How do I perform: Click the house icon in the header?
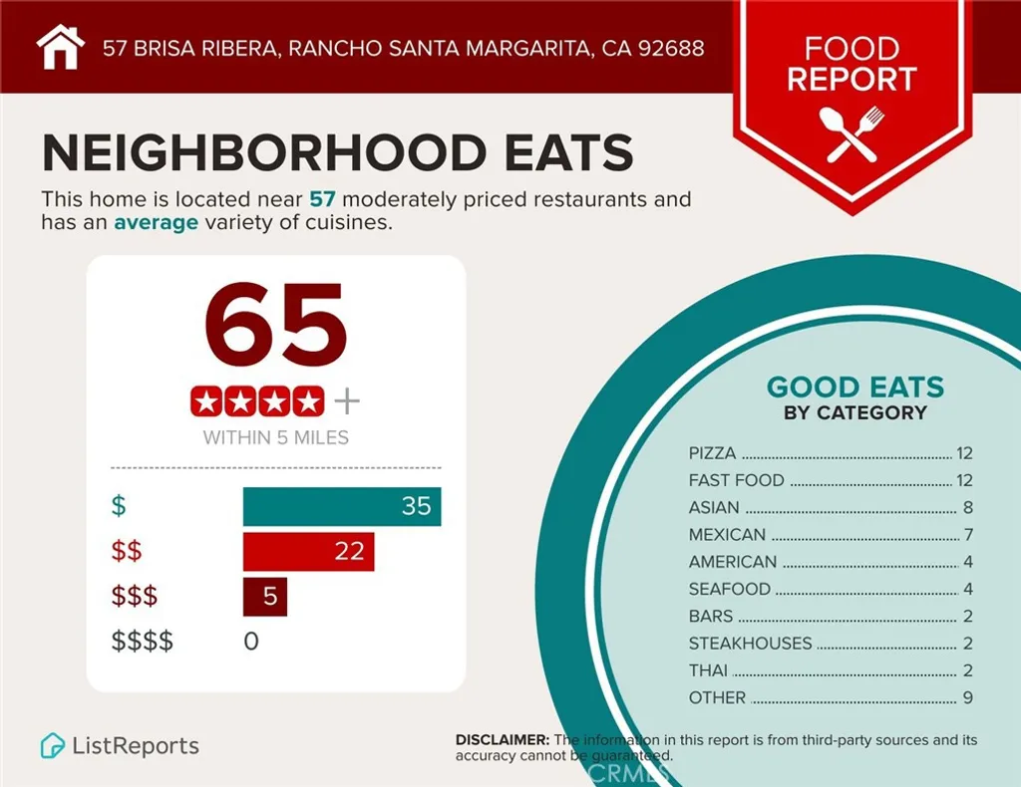(x=59, y=47)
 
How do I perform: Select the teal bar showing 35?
(x=341, y=506)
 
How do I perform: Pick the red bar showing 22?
(x=308, y=551)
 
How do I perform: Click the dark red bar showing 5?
(x=265, y=597)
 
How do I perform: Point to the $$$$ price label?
(x=142, y=642)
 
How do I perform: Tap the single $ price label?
(x=119, y=506)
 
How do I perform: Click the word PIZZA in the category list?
(x=712, y=453)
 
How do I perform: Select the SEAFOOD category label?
(x=729, y=589)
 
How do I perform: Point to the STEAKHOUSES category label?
(x=750, y=644)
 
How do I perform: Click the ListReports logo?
(x=120, y=745)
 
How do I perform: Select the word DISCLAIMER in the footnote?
(x=502, y=740)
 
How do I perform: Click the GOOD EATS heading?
(x=854, y=388)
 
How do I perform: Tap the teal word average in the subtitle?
(x=156, y=222)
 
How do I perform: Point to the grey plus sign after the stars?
(x=346, y=401)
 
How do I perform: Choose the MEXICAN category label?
(x=727, y=535)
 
